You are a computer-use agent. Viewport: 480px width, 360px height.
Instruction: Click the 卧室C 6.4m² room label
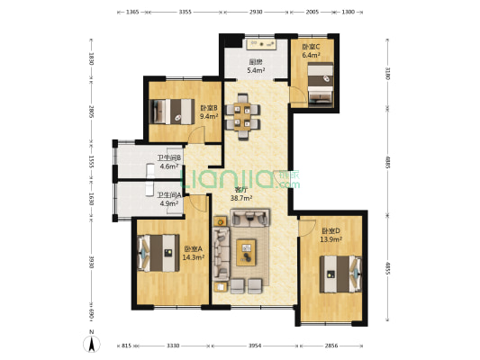(312, 50)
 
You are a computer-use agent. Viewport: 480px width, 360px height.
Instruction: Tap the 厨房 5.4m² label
(257, 66)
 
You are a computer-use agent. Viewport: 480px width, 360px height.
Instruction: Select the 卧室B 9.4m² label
(209, 112)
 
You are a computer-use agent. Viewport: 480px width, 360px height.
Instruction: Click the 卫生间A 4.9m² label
(168, 199)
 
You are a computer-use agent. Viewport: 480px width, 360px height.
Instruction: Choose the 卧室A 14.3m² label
(193, 253)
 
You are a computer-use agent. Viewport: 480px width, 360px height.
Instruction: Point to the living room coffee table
(247, 252)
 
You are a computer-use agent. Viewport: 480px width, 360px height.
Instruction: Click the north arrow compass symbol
(90, 343)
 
